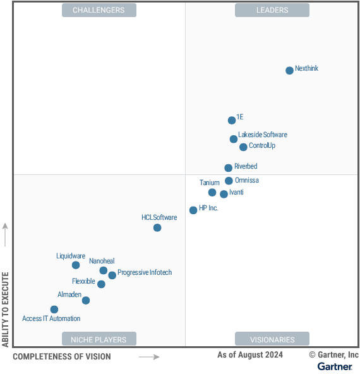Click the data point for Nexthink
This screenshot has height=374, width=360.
(x=289, y=70)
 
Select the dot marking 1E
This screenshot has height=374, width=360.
(x=232, y=120)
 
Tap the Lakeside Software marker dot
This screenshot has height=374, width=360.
(x=234, y=139)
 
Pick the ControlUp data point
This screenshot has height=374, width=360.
(x=243, y=147)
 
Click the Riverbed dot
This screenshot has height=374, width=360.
(x=229, y=167)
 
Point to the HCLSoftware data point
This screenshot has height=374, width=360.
(x=157, y=227)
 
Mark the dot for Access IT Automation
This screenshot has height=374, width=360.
(x=54, y=310)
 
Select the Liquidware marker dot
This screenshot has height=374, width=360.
(x=76, y=265)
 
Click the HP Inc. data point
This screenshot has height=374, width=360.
(x=193, y=210)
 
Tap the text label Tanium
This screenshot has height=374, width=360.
(x=210, y=183)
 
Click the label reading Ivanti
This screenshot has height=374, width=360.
(x=236, y=192)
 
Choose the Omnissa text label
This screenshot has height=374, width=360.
(x=246, y=180)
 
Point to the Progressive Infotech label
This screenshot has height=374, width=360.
(x=145, y=272)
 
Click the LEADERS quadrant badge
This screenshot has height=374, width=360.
(x=272, y=10)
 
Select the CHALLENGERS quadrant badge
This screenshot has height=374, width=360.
(x=99, y=10)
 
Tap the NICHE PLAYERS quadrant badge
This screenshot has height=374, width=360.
(x=99, y=339)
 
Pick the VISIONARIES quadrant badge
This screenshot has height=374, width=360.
(x=272, y=339)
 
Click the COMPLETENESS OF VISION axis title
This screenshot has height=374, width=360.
(x=62, y=356)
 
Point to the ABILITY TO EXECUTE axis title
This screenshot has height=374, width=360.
(x=6, y=310)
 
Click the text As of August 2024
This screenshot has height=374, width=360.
(x=250, y=355)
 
